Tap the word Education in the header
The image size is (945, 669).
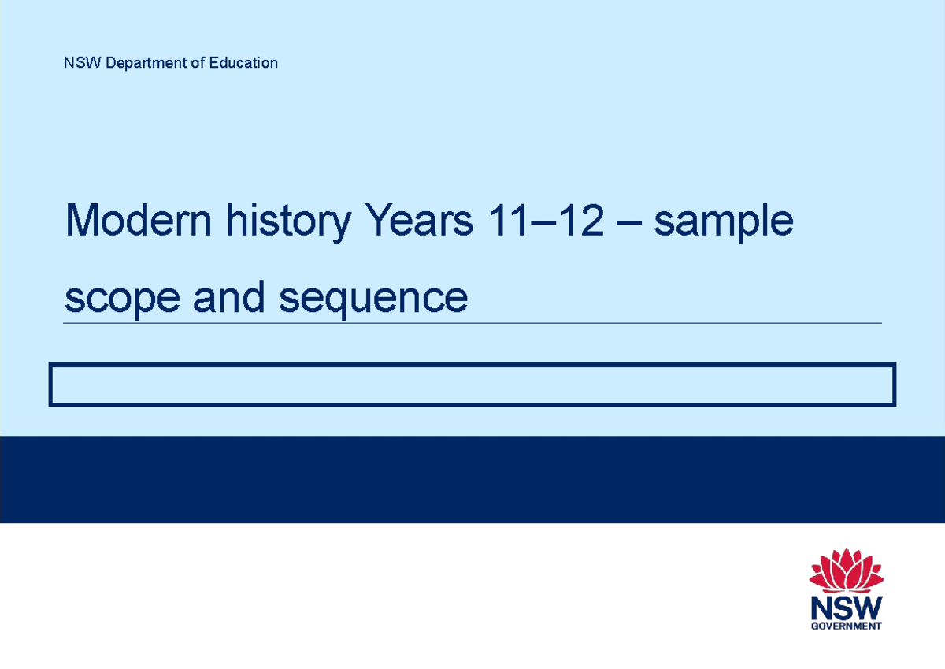pos(243,63)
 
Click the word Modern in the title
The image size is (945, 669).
pos(139,221)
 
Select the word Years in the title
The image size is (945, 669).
pos(417,221)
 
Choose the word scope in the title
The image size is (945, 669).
pos(122,299)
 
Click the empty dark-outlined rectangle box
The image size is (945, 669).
pos(472,385)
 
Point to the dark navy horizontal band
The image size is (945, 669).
pos(472,479)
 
